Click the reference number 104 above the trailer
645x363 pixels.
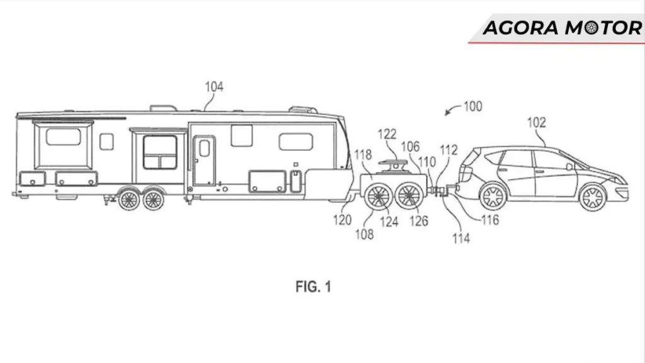point(214,87)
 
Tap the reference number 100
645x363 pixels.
point(472,107)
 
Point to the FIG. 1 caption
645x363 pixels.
point(313,287)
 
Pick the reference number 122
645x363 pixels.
point(387,134)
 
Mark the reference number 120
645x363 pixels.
point(343,220)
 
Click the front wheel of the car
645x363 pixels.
point(593,198)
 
